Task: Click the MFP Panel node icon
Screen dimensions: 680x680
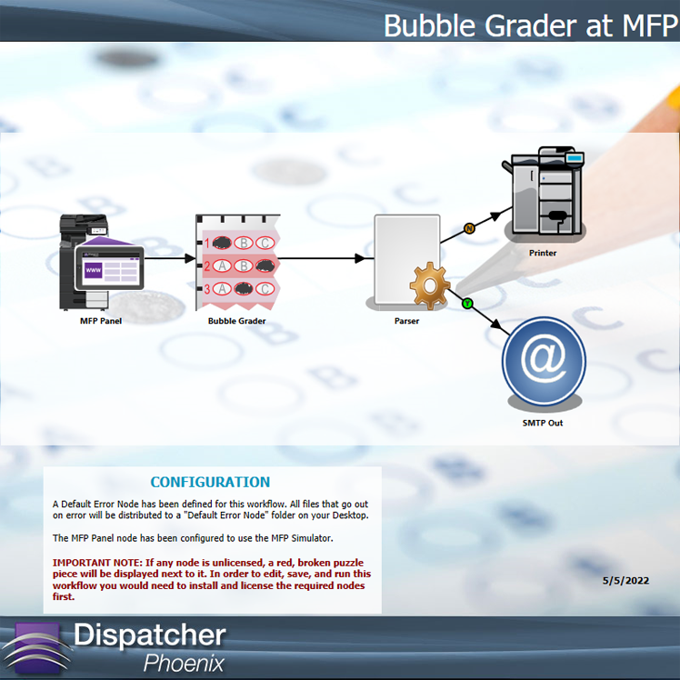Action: (101, 262)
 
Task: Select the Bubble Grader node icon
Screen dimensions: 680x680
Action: (237, 262)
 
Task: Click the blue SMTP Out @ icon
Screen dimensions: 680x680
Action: (544, 361)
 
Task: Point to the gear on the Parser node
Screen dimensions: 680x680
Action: (430, 285)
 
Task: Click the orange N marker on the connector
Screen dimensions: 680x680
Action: (469, 228)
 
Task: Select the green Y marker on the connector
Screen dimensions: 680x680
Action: (467, 304)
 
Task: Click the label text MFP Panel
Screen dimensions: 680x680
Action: (101, 321)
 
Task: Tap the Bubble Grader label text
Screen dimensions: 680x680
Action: (236, 321)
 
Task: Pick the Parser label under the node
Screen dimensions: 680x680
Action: (406, 321)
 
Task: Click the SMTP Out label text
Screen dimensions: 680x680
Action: (543, 423)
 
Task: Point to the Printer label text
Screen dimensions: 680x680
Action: (543, 253)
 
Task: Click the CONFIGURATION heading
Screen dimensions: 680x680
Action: (210, 482)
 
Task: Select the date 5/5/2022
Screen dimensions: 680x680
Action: (625, 581)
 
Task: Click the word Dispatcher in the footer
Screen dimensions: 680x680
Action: (150, 635)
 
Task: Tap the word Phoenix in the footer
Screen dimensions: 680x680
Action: (184, 663)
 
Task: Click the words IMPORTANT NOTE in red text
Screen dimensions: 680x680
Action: (97, 563)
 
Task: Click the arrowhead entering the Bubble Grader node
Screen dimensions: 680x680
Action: (190, 258)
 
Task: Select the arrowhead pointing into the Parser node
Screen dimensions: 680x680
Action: (360, 258)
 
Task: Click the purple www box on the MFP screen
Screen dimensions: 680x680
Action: (94, 270)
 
